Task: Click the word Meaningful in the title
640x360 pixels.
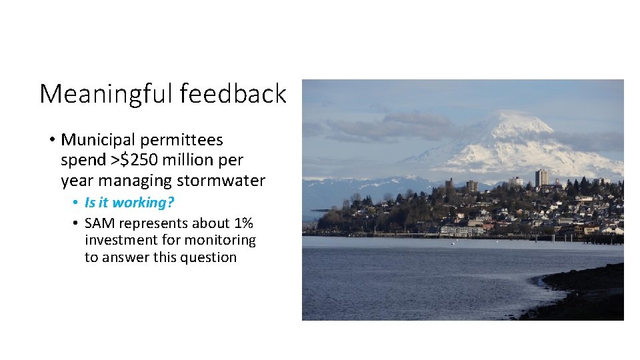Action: pyautogui.click(x=107, y=94)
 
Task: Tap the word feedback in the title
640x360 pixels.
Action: pyautogui.click(x=233, y=94)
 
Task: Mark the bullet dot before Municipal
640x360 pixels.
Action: pyautogui.click(x=51, y=141)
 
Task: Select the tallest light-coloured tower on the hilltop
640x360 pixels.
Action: pyautogui.click(x=541, y=177)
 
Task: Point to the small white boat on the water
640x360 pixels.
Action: pyautogui.click(x=453, y=243)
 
